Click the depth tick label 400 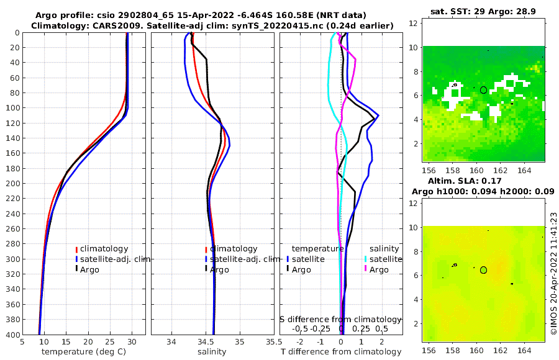coord(12,335)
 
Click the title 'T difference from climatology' coord(341,352)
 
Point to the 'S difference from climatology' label coord(340,318)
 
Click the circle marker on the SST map coord(483,90)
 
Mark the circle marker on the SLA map coord(483,270)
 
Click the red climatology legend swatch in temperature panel coord(76,249)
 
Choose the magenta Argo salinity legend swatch coord(366,269)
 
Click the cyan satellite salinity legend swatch coord(366,259)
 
